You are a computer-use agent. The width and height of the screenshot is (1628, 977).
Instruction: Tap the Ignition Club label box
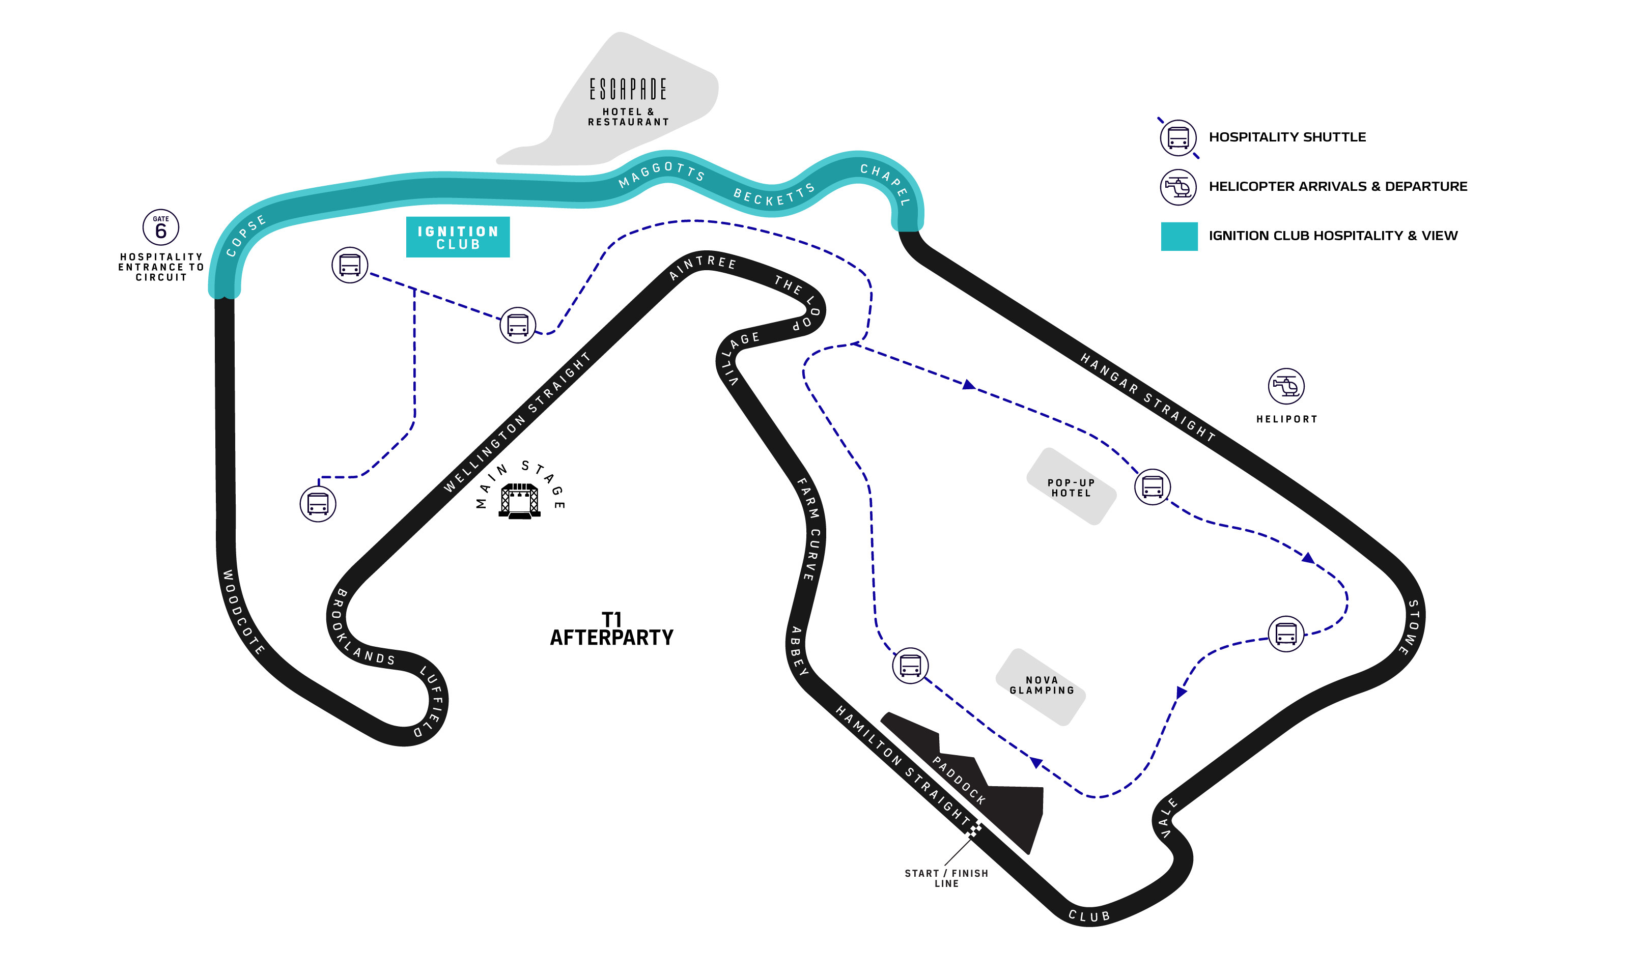[458, 237]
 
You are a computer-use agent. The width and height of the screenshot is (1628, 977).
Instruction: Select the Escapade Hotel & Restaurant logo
[628, 90]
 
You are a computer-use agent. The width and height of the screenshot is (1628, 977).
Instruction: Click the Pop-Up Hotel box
[1071, 487]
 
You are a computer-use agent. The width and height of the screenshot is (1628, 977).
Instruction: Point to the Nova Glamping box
[1041, 686]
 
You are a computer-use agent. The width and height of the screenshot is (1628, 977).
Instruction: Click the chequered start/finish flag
[973, 829]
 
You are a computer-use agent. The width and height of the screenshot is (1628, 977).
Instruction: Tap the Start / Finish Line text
[946, 878]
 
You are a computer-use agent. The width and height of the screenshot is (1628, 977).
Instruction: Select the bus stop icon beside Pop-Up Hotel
[1153, 487]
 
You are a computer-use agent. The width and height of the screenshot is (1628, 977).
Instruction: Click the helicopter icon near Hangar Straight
[1285, 386]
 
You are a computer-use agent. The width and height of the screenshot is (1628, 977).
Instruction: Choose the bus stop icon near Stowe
[1285, 634]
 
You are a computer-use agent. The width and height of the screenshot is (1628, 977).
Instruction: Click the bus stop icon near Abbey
[910, 665]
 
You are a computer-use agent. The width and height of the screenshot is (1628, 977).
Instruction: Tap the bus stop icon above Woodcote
[318, 504]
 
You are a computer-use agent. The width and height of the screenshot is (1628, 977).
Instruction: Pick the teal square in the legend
[1179, 236]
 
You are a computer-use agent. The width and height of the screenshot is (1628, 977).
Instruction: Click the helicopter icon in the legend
[1178, 188]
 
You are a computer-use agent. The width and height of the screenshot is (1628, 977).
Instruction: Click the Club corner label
[1089, 916]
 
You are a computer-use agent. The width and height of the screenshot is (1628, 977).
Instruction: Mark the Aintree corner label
[702, 266]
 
